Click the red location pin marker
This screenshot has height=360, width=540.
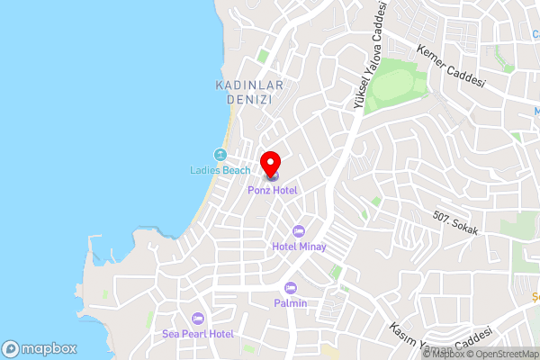269,163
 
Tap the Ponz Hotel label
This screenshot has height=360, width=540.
273,190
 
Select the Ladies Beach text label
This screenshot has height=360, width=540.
220,170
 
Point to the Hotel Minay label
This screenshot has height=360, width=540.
299,246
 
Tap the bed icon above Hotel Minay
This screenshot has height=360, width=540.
299,230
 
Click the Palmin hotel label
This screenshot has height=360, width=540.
291,303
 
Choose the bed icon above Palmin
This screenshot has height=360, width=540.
291,288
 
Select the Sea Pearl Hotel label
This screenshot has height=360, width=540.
198,334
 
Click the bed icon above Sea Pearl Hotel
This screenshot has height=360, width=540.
198,319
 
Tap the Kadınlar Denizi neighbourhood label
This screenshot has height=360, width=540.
250,92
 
